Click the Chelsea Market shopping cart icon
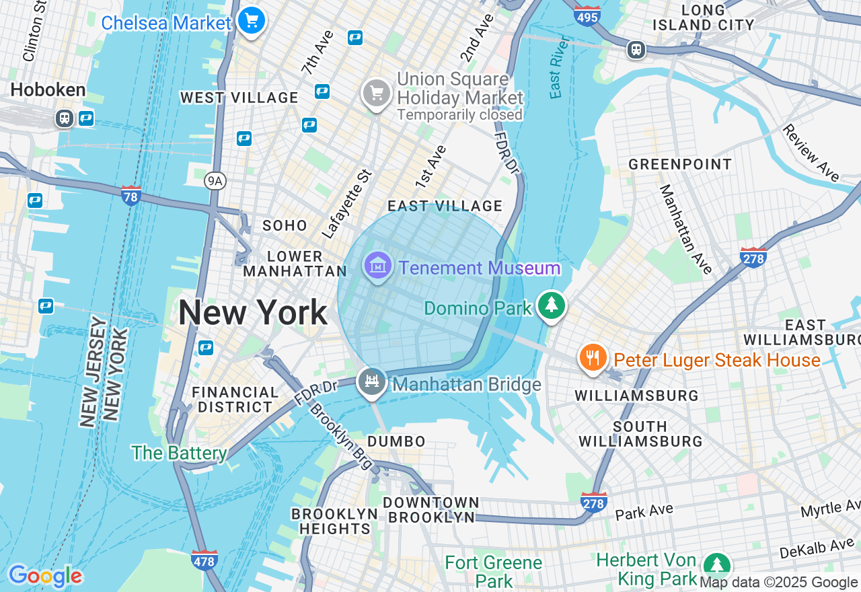tap(252, 21)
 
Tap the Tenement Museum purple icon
tap(377, 266)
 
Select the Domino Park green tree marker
tap(552, 305)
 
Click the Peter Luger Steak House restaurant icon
tap(592, 358)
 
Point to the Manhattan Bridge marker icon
tap(371, 382)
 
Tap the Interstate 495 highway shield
tap(587, 16)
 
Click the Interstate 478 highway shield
tap(204, 560)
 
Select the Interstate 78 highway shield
tap(131, 196)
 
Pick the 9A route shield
tap(214, 180)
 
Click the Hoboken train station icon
tap(65, 118)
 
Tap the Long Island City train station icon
tap(636, 49)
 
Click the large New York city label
tap(252, 313)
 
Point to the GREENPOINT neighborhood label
tap(680, 164)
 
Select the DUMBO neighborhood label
tap(396, 441)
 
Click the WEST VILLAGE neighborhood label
tap(239, 98)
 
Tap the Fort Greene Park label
tap(494, 571)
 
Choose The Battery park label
tap(179, 453)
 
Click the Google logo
tap(45, 577)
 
